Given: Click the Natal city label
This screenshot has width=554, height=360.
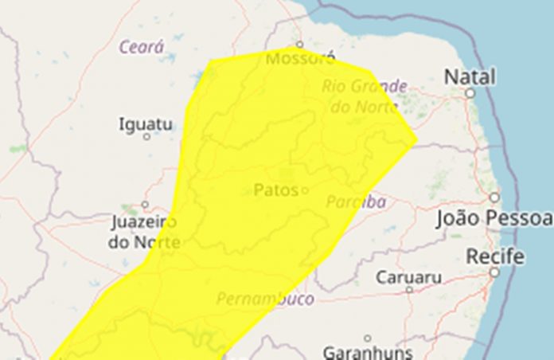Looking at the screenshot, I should pos(470,77).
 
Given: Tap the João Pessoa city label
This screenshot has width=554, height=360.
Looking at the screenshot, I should pos(494,219).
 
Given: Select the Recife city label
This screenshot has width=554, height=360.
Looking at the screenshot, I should pos(494,256).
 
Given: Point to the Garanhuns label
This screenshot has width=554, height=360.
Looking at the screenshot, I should pos(368,351).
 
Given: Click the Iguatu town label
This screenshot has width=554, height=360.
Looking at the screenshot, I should pos(145,124).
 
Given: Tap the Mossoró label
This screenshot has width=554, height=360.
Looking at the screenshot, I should pos(300,59).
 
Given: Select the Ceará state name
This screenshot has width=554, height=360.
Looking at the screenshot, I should pos(142,47).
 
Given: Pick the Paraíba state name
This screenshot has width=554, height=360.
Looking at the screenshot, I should pos(356,202).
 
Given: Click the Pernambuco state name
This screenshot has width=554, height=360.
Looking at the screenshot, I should pos(265,299).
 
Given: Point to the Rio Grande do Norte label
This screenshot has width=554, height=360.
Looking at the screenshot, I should pos(365,96).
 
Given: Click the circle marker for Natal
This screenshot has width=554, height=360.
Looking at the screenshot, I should pos(470,93).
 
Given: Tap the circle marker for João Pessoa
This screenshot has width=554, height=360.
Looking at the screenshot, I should pos(494,197).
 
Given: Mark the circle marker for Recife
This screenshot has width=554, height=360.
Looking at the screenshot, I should pos(494,272).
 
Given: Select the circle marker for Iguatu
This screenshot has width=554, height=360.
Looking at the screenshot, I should pos(146,137).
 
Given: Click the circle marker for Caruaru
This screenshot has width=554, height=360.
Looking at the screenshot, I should pos(409,290).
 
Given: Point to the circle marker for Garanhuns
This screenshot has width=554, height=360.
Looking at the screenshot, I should pos(368,338).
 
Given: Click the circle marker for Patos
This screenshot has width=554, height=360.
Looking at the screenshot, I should pos(303,190).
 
